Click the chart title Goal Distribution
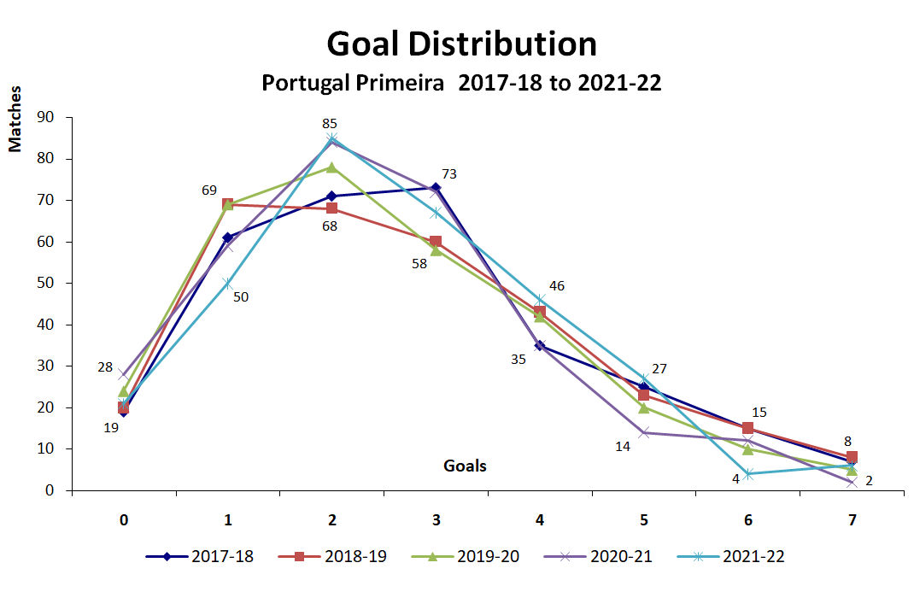[461, 44]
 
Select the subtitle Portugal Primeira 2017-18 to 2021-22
[461, 85]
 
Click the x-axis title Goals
[465, 466]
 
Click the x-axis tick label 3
[436, 519]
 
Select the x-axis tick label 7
[851, 519]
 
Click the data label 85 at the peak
[330, 124]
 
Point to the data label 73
[449, 174]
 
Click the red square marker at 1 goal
[228, 204]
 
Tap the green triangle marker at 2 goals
[331, 167]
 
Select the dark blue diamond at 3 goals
[436, 188]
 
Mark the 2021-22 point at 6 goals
[747, 474]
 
